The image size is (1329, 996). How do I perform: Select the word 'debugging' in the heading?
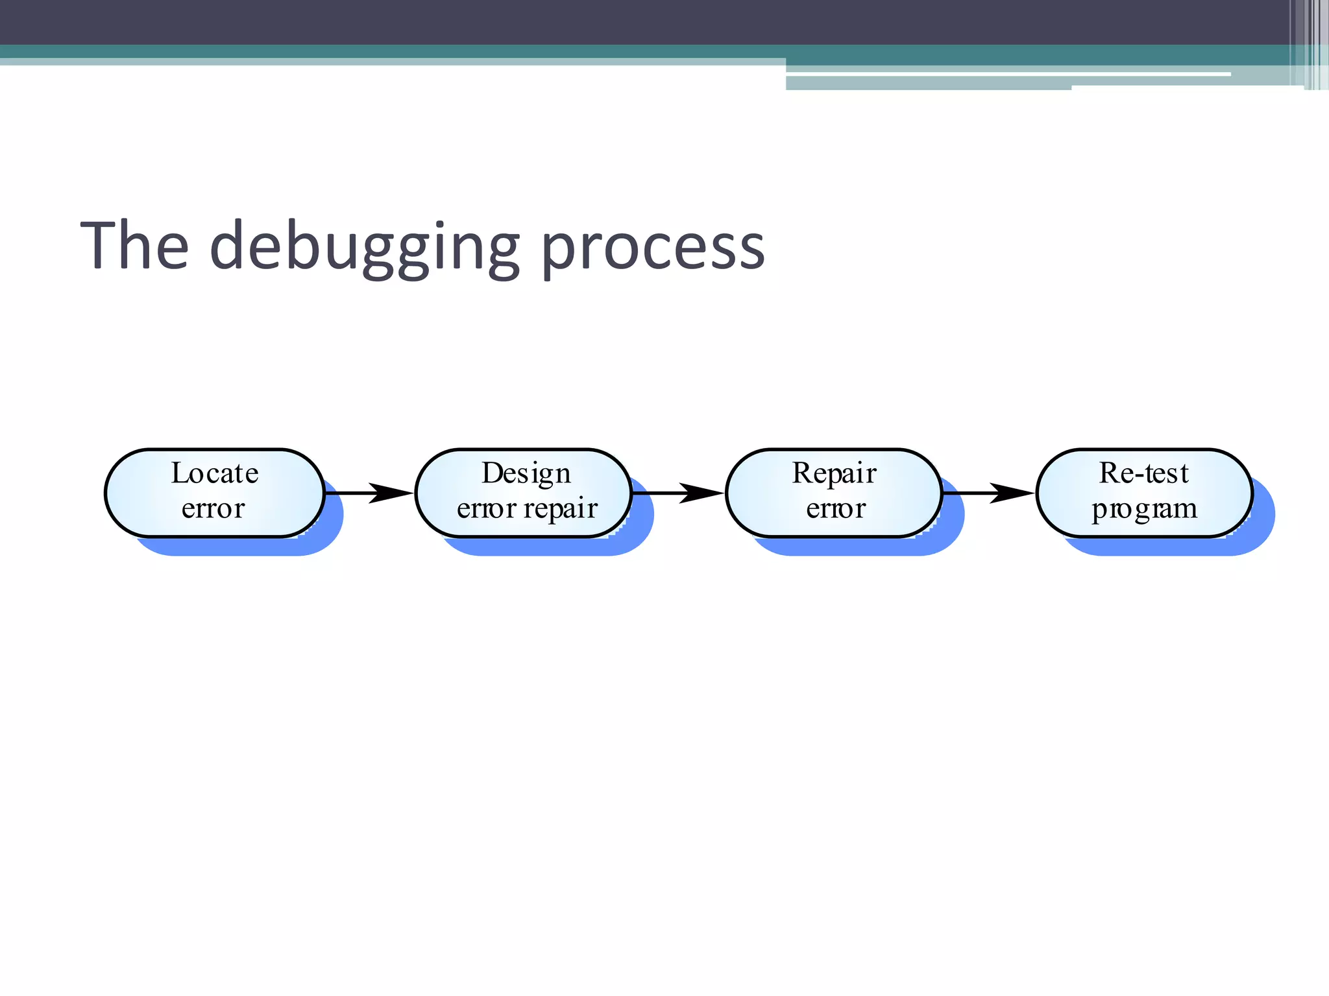pyautogui.click(x=365, y=249)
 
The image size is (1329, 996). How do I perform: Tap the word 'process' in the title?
pyautogui.click(x=652, y=250)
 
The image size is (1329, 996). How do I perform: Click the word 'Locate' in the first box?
pyautogui.click(x=215, y=473)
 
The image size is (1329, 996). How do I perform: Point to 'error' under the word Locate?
pyautogui.click(x=213, y=508)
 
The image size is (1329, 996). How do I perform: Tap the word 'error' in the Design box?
pyautogui.click(x=486, y=509)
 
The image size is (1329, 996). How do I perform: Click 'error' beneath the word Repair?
pyautogui.click(x=836, y=509)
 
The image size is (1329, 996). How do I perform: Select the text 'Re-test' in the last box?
pyautogui.click(x=1144, y=473)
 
